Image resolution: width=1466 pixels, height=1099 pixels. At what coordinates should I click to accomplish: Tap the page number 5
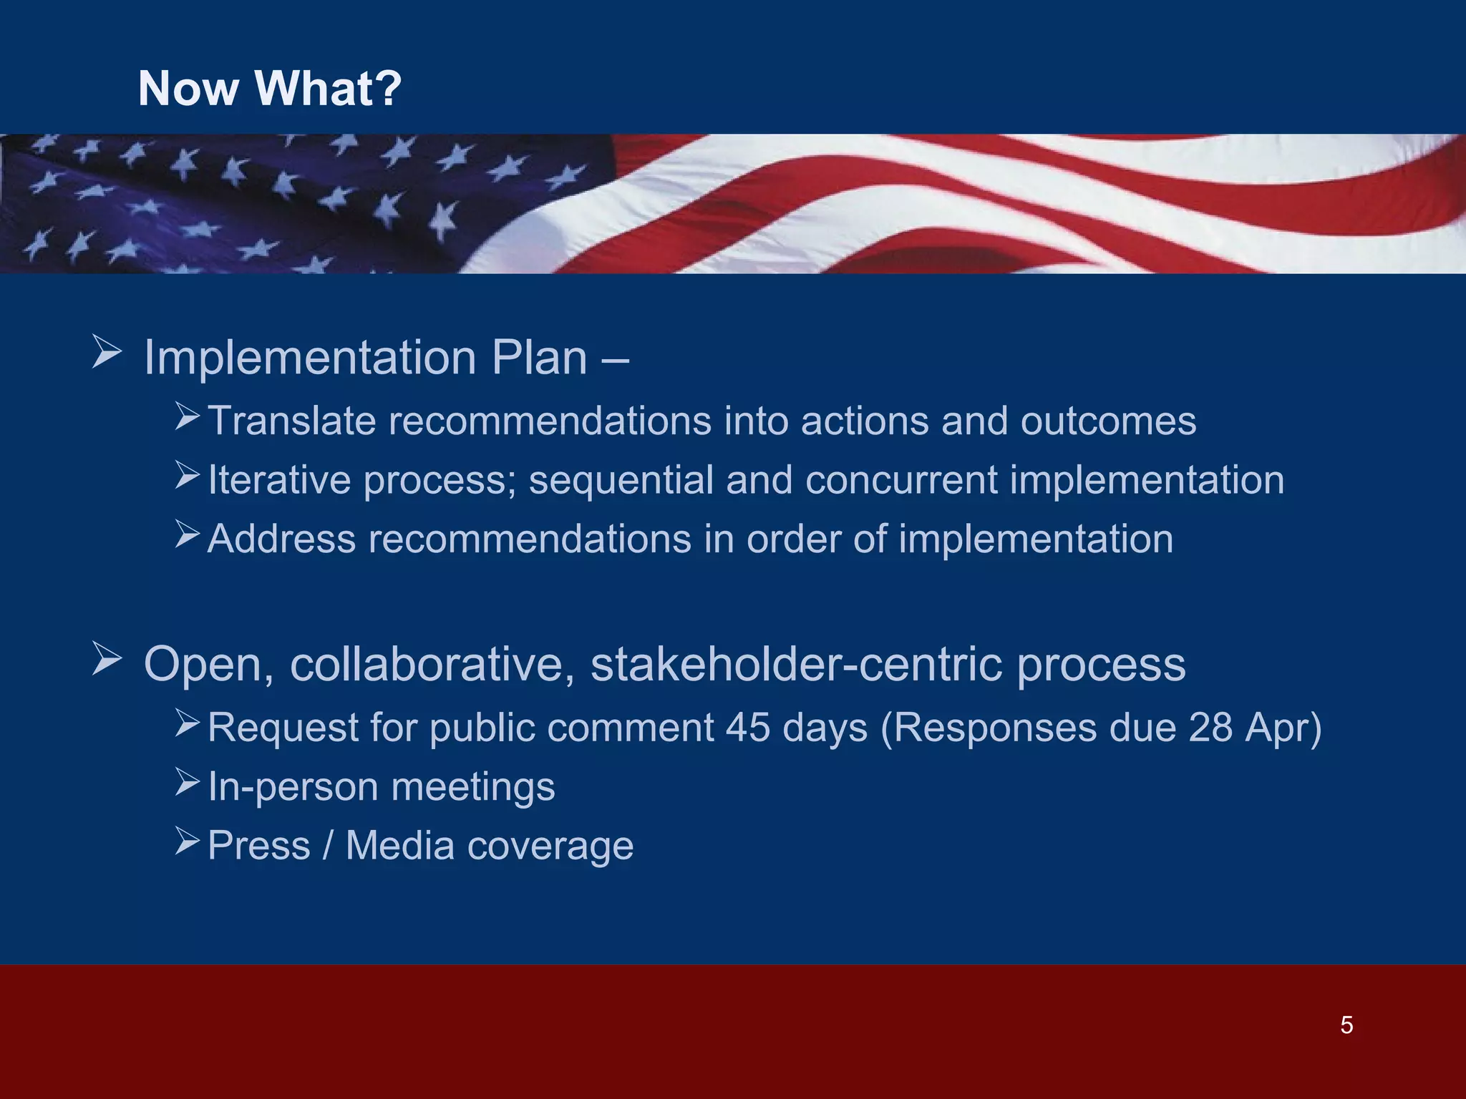[1346, 1025]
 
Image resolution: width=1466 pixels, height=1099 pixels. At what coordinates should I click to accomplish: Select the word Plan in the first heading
[539, 357]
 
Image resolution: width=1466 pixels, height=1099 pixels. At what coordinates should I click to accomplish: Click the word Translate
[291, 421]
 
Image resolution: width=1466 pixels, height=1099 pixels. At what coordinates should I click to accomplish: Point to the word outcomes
[1107, 421]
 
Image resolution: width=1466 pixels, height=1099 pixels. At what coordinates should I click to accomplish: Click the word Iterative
[279, 479]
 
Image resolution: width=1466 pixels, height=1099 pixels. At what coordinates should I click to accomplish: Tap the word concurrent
[901, 479]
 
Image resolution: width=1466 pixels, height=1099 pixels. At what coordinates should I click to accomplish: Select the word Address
[281, 539]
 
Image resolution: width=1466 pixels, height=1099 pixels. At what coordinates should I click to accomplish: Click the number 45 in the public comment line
[748, 728]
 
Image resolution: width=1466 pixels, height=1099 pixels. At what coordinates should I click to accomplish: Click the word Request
[283, 728]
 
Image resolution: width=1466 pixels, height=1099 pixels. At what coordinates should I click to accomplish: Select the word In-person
[293, 787]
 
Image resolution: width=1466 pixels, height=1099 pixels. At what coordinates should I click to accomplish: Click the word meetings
[473, 787]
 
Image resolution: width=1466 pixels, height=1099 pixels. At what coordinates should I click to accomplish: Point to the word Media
[400, 846]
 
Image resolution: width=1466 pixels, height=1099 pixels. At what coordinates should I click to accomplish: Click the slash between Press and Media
[328, 846]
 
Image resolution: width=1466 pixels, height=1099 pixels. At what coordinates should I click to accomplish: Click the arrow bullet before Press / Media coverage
[188, 841]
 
